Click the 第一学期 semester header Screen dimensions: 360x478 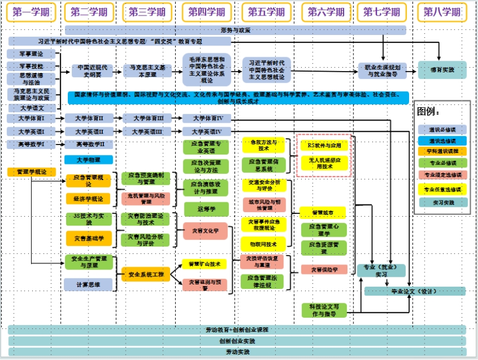[x=31, y=12]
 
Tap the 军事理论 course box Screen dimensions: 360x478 [x=31, y=54]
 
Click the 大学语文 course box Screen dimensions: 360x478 [x=31, y=108]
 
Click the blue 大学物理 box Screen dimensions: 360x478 [x=88, y=159]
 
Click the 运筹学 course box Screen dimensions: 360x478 [x=206, y=208]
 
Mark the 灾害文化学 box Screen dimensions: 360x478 [x=205, y=231]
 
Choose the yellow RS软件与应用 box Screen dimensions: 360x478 [x=324, y=145]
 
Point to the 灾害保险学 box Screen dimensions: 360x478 [x=324, y=269]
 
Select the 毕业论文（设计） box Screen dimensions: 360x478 [x=414, y=291]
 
